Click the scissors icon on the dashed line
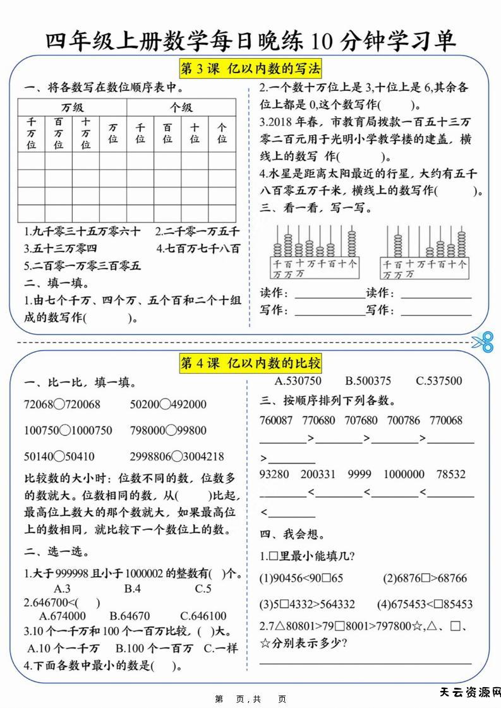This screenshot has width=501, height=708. tap(481, 342)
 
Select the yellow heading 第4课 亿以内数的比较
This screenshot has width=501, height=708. tap(251, 363)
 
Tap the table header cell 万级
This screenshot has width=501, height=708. tap(72, 107)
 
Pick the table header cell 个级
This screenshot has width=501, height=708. tap(181, 107)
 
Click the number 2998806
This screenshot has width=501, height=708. tap(150, 457)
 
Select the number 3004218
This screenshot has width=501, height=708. tap(203, 457)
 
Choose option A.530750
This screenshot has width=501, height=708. tap(298, 381)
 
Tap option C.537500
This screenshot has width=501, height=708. tap(438, 381)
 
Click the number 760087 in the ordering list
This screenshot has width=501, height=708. tap(276, 421)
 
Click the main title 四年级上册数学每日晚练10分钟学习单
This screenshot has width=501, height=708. tap(251, 41)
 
